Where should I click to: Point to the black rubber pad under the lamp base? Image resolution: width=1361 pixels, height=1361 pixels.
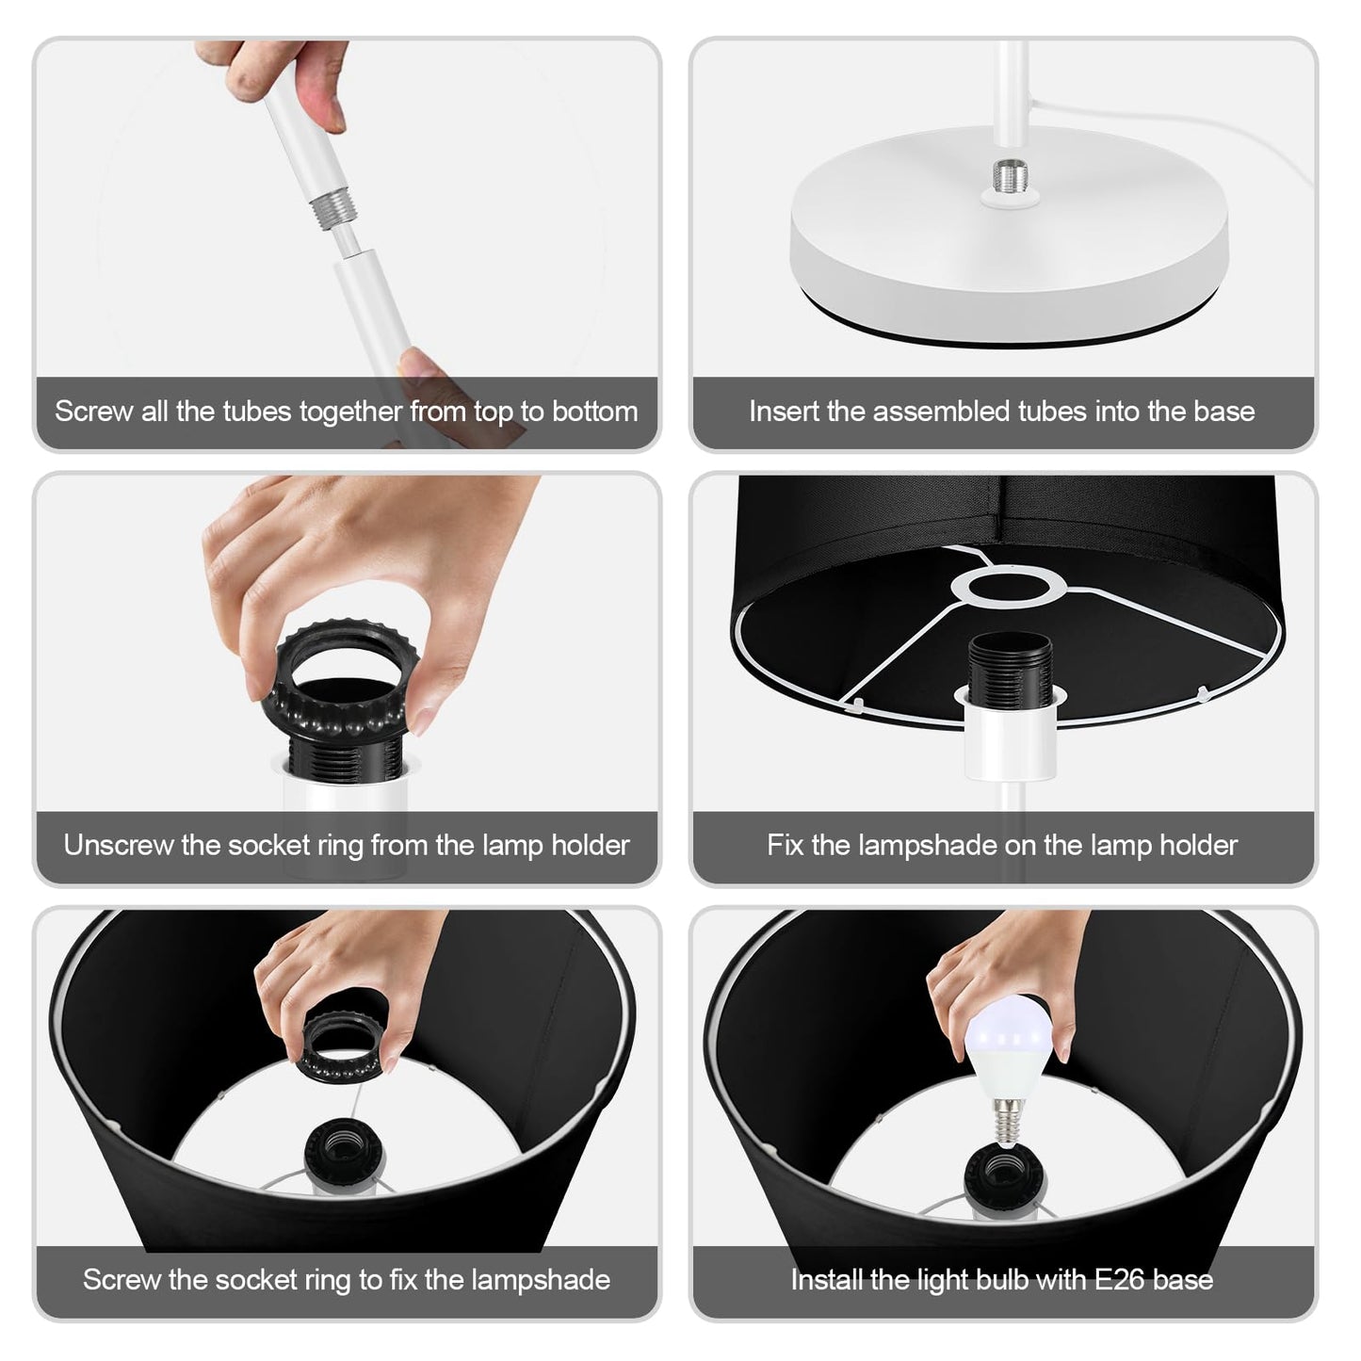pos(1010,326)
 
